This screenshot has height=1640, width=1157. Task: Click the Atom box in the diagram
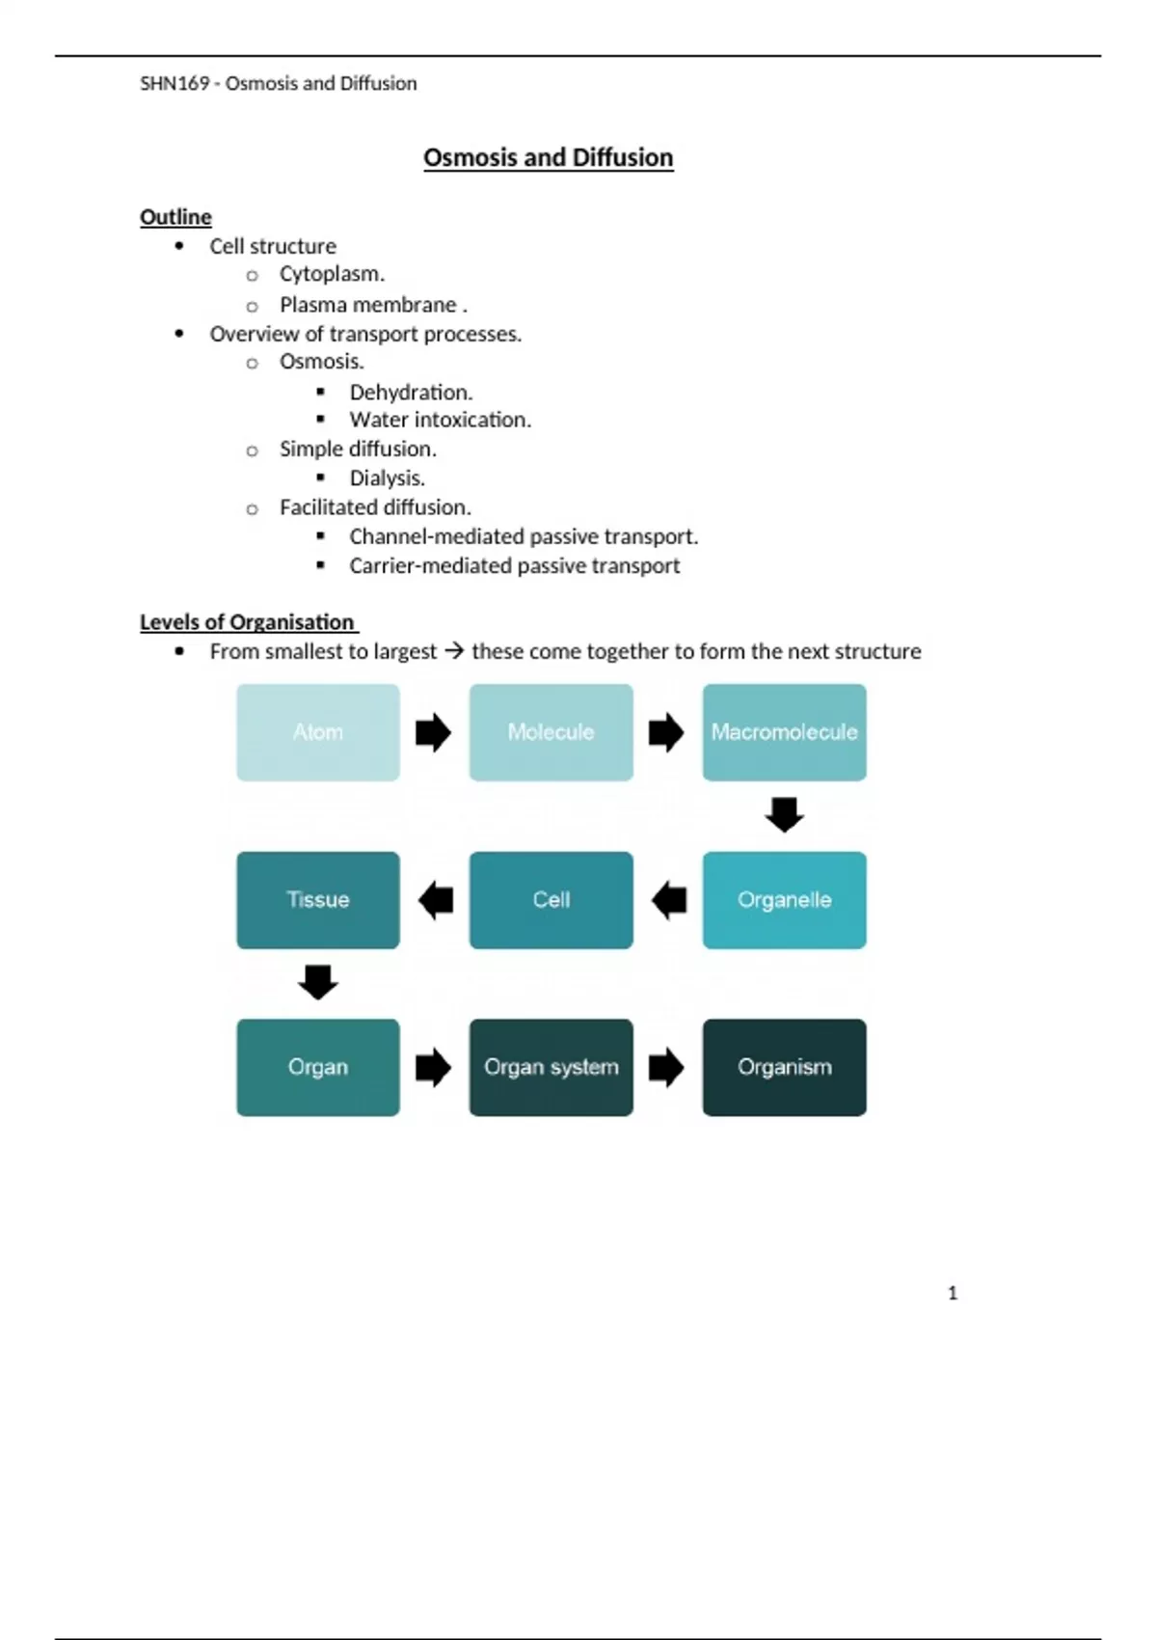coord(318,732)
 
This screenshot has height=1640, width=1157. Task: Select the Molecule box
coord(551,732)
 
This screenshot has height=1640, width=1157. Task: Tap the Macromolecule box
coord(784,732)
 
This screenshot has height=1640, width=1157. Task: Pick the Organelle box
coord(784,900)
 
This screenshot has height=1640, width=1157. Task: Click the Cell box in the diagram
coord(551,900)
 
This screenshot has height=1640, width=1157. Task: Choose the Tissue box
coord(318,900)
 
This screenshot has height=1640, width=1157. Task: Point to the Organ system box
coord(551,1067)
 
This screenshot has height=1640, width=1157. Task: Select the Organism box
coord(784,1067)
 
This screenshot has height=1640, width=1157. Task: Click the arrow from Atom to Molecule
coord(434,732)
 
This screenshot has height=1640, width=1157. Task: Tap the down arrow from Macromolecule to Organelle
coord(784,814)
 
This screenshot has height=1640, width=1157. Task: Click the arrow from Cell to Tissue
coord(436,900)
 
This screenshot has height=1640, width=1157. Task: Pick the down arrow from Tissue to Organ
coord(318,982)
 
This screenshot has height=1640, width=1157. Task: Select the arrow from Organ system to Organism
coord(666,1067)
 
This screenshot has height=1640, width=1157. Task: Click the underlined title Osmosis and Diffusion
coord(548,157)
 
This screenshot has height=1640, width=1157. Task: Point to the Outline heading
coord(175,217)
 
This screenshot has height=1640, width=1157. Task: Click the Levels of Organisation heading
coord(248,622)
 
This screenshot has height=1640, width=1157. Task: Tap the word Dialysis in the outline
coord(386,478)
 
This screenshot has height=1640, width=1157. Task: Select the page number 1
coord(953,1293)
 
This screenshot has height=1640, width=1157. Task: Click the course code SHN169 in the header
coord(175,84)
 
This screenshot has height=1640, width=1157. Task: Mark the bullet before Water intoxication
coord(321,420)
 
